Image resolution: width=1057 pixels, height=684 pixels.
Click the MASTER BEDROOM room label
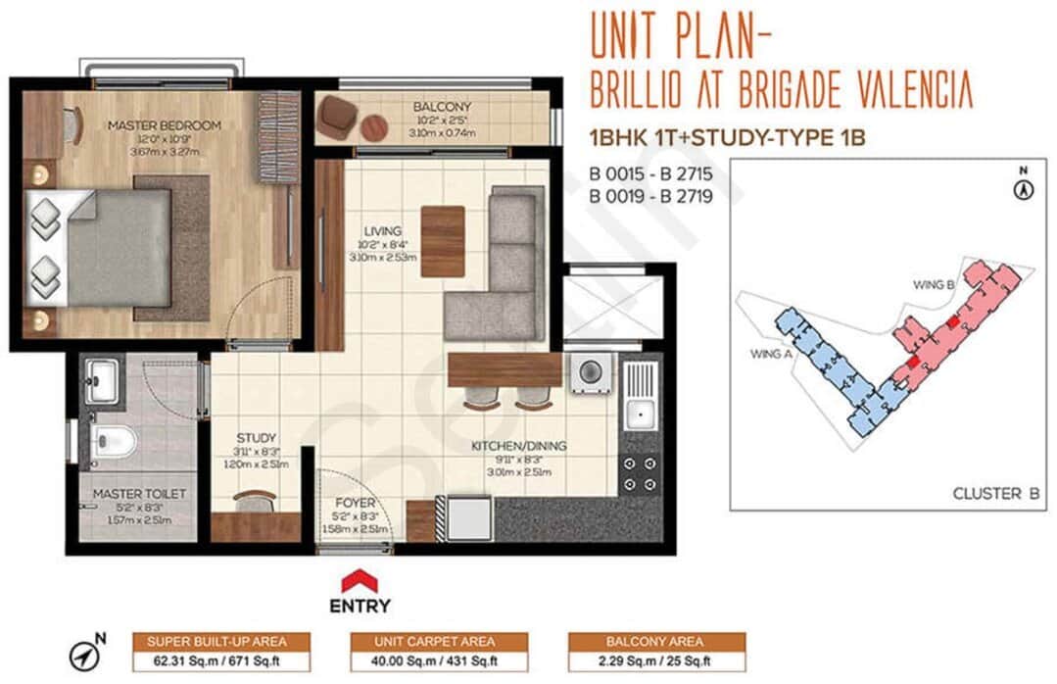[x=164, y=125]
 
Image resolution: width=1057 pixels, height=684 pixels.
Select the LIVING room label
[x=382, y=231]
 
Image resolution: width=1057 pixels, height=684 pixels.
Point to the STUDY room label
[x=256, y=438]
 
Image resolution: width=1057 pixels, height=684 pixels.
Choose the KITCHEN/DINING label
[x=519, y=446]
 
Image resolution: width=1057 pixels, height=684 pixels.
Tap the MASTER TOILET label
[x=138, y=494]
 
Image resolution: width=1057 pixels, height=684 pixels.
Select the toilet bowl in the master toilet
[x=111, y=442]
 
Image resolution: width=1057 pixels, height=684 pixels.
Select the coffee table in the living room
[x=443, y=241]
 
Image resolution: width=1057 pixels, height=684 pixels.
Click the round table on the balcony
[x=373, y=127]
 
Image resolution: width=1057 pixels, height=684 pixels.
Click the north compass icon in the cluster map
[x=1025, y=186]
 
